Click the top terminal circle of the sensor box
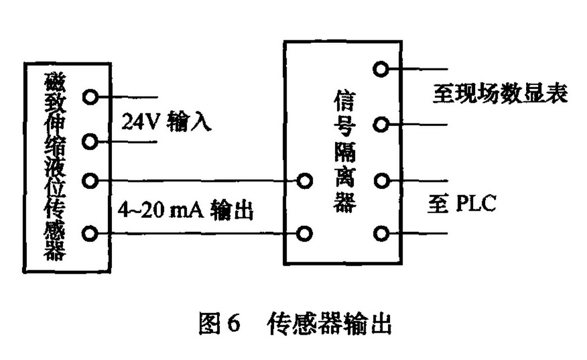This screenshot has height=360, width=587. pyautogui.click(x=90, y=97)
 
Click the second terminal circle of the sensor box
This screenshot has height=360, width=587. pyautogui.click(x=90, y=141)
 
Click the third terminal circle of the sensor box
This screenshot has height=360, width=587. pyautogui.click(x=90, y=180)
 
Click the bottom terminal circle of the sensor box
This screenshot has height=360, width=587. pyautogui.click(x=90, y=233)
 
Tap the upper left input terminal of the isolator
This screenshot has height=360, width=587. pyautogui.click(x=306, y=180)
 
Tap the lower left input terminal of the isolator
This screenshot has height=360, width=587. pyautogui.click(x=306, y=233)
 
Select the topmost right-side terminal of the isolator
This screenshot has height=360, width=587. pyautogui.click(x=381, y=68)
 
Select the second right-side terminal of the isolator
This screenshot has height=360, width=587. pyautogui.click(x=381, y=124)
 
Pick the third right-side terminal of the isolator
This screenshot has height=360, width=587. pyautogui.click(x=381, y=180)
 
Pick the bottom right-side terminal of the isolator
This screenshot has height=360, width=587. pyautogui.click(x=381, y=233)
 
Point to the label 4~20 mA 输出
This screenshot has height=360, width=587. pyautogui.click(x=188, y=210)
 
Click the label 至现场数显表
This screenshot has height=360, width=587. pyautogui.click(x=499, y=94)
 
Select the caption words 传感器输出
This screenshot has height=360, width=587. pyautogui.click(x=328, y=325)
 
